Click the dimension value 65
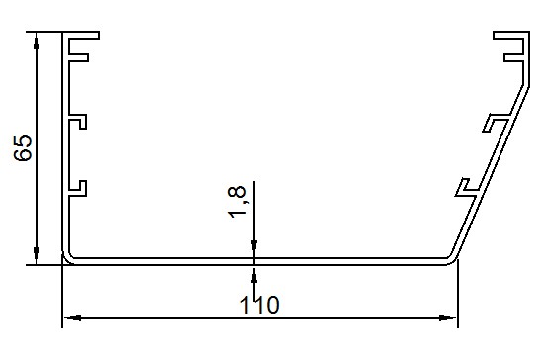click(x=23, y=148)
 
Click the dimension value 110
click(x=259, y=305)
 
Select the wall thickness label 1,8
click(x=237, y=202)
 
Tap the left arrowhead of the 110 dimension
click(x=73, y=317)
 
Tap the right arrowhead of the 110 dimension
click(x=447, y=317)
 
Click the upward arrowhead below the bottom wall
click(x=254, y=275)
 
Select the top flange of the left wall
click(x=81, y=35)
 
